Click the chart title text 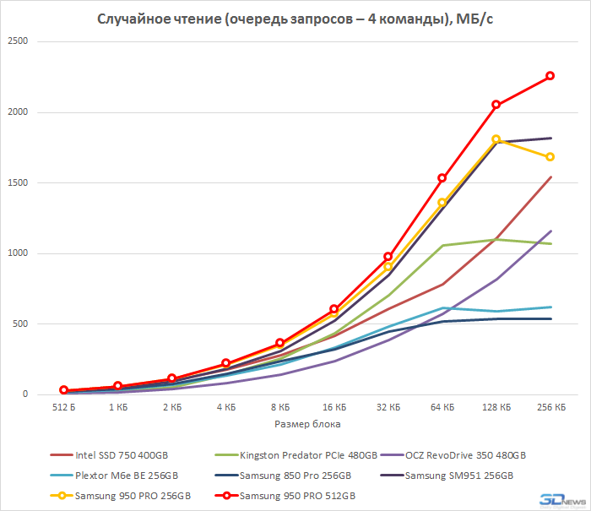(x=295, y=19)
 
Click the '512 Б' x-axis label (x=64, y=407)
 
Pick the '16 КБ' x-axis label (x=334, y=407)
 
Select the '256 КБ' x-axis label (x=550, y=407)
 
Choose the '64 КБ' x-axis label (x=442, y=407)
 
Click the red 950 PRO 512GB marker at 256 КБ (x=550, y=76)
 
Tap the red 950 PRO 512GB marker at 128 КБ (x=496, y=105)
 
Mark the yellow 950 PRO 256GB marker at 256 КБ (x=550, y=157)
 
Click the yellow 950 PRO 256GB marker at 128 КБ (x=496, y=139)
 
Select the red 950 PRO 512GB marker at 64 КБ (x=442, y=178)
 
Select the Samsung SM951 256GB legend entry (x=458, y=476)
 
